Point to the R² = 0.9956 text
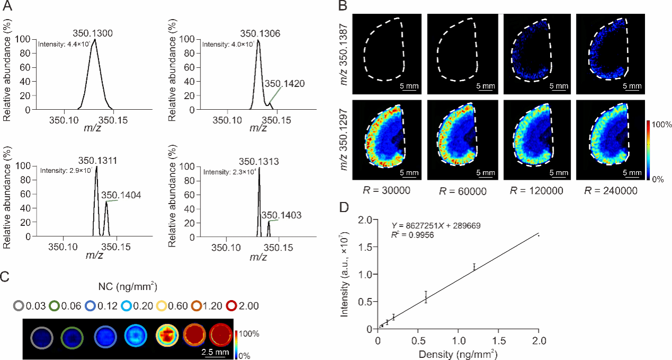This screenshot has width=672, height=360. click(414, 234)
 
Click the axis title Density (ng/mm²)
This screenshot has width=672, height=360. click(457, 352)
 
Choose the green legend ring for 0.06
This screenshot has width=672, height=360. click(54, 306)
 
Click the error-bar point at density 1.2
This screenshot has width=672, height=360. click(474, 267)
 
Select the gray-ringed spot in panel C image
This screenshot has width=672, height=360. click(41, 337)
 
